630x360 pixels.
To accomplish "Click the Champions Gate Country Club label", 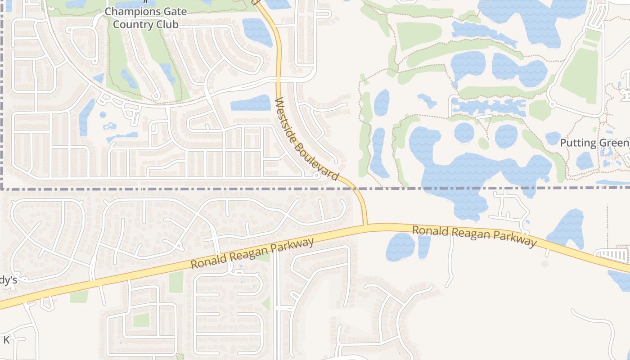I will pyautogui.click(x=145, y=18).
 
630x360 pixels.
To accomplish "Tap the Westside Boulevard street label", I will pyautogui.click(x=306, y=139).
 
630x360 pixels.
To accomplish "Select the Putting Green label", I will pyautogui.click(x=594, y=143).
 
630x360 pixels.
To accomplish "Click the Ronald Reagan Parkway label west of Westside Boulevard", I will pyautogui.click(x=252, y=254).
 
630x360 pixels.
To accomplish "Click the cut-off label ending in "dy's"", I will pyautogui.click(x=8, y=280).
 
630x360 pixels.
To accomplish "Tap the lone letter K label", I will pyautogui.click(x=6, y=340).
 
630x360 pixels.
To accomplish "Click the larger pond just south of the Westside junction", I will pyautogui.click(x=400, y=247).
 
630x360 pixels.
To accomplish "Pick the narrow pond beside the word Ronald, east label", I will pyautogui.click(x=424, y=247).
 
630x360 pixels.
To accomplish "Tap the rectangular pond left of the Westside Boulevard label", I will pyautogui.click(x=251, y=103).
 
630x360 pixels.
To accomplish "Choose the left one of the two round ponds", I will pyautogui.click(x=464, y=133).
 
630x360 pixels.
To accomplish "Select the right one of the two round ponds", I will pyautogui.click(x=506, y=136).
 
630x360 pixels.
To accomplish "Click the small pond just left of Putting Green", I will pyautogui.click(x=553, y=138).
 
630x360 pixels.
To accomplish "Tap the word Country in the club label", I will pyautogui.click(x=131, y=24).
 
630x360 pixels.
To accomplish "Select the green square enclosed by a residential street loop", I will pyautogui.click(x=141, y=320).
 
